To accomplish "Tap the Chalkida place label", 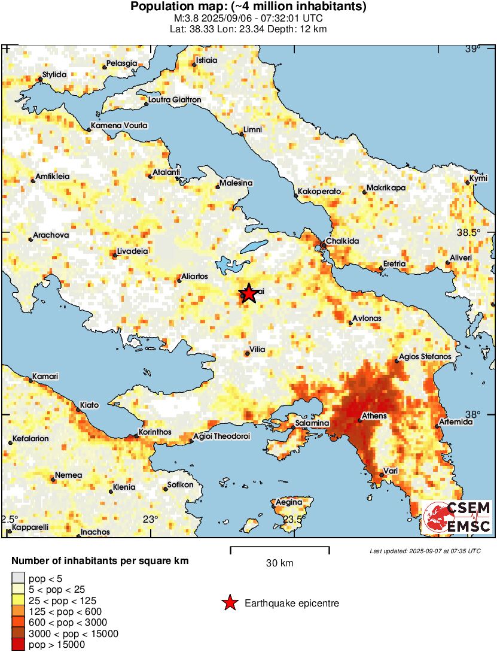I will click(x=342, y=240).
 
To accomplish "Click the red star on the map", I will click(x=249, y=293).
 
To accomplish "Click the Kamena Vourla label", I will click(x=118, y=126).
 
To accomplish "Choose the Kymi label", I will click(x=478, y=178).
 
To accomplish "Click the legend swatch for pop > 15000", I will click(x=19, y=644).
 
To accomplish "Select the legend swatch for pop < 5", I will click(x=19, y=578).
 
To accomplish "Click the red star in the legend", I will click(x=230, y=604).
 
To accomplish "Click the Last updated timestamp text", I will click(x=425, y=551).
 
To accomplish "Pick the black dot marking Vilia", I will click(x=248, y=354).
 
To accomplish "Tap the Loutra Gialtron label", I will click(x=174, y=99).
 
